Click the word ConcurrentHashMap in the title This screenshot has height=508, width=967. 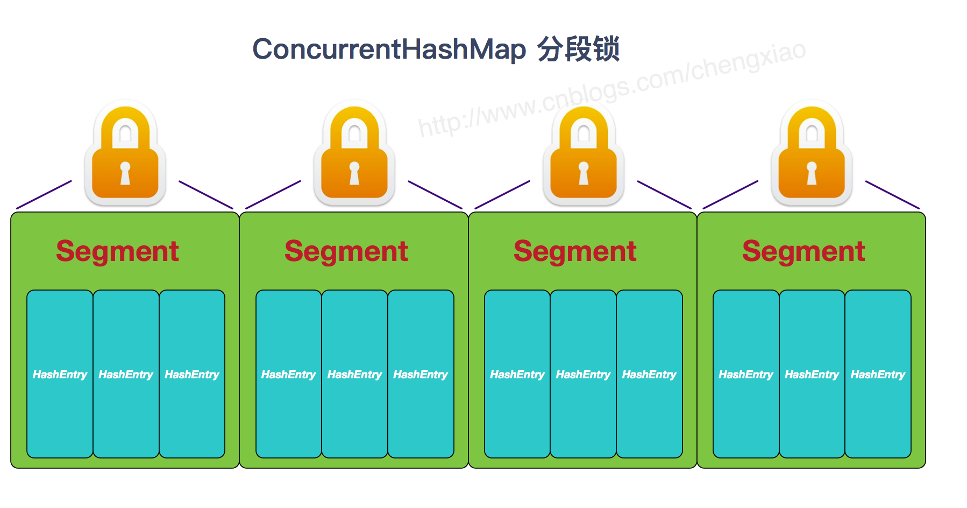[389, 49]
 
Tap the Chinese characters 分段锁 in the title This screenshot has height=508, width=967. [578, 49]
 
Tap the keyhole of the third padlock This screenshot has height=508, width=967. [584, 173]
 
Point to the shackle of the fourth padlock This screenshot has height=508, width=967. [812, 126]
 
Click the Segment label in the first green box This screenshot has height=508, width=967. [117, 251]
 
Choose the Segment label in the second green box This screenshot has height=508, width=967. [346, 251]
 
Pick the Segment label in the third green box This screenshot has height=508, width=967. [575, 251]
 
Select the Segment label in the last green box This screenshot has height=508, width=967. [804, 251]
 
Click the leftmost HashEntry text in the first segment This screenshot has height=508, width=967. [60, 375]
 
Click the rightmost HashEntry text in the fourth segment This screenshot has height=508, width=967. [878, 375]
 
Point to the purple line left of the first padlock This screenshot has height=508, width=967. [44, 195]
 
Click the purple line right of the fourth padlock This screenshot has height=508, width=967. [892, 195]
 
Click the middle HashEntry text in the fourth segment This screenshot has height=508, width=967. [812, 375]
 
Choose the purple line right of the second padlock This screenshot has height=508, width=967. [435, 195]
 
